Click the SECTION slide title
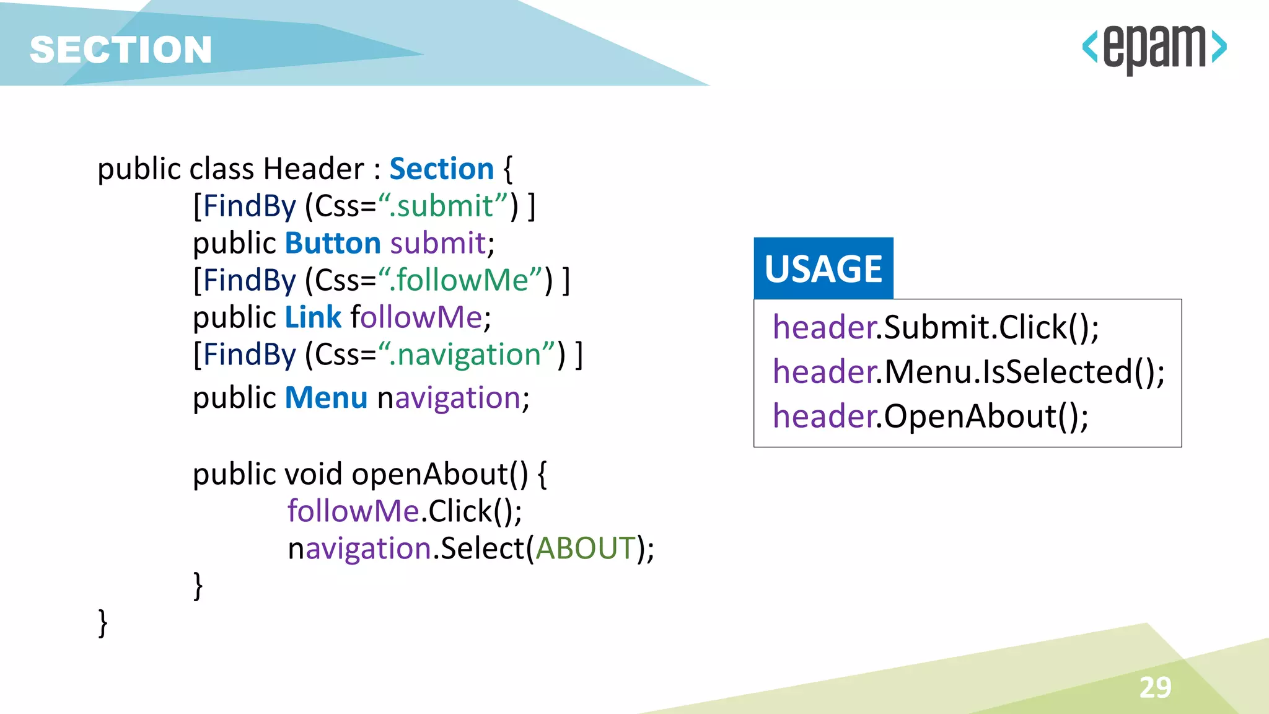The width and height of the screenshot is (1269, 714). pyautogui.click(x=121, y=50)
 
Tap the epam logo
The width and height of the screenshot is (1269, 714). pyautogui.click(x=1154, y=48)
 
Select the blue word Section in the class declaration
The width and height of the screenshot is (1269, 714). pyautogui.click(x=441, y=169)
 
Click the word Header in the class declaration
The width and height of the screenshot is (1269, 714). pyautogui.click(x=314, y=169)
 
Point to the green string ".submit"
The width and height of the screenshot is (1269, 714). pyautogui.click(x=444, y=206)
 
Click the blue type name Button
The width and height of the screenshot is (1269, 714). pyautogui.click(x=333, y=243)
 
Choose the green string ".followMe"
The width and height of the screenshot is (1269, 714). pyautogui.click(x=462, y=280)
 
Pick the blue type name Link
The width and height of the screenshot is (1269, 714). pyautogui.click(x=313, y=317)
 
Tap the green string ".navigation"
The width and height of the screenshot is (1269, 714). pyautogui.click(x=468, y=355)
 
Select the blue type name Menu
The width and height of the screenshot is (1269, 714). pyautogui.click(x=326, y=397)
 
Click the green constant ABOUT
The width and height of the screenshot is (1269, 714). pyautogui.click(x=586, y=549)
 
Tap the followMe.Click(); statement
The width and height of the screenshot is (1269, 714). pyautogui.click(x=405, y=511)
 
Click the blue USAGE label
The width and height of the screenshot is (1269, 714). pyautogui.click(x=823, y=268)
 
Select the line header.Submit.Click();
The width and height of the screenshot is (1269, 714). pyautogui.click(x=936, y=327)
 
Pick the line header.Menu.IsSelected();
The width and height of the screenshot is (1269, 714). pyautogui.click(x=968, y=371)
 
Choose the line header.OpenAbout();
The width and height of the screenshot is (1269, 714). pyautogui.click(x=930, y=416)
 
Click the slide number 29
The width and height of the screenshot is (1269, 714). pyautogui.click(x=1155, y=687)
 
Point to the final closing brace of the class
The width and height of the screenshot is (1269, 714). pyautogui.click(x=103, y=622)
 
